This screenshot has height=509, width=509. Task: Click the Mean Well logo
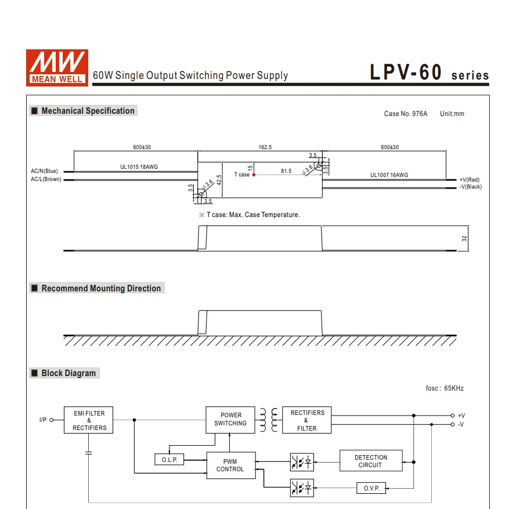[57, 68]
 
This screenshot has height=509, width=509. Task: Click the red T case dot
[254, 175]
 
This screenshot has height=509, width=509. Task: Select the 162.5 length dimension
[265, 147]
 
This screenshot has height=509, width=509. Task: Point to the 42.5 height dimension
[219, 180]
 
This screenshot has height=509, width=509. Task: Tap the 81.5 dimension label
[286, 171]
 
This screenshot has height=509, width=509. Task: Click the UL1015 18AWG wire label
[139, 167]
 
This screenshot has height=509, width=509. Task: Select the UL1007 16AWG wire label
[389, 175]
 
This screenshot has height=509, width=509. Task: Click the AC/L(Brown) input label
[46, 179]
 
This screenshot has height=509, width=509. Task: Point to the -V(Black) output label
[470, 187]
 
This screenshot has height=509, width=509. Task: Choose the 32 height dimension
[464, 239]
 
